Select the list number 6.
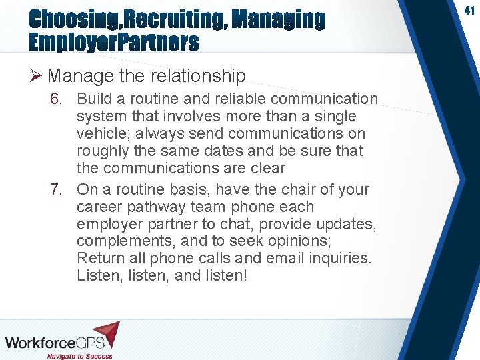(x=58, y=99)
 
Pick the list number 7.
(x=58, y=189)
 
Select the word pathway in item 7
(x=155, y=207)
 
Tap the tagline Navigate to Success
(x=79, y=355)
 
